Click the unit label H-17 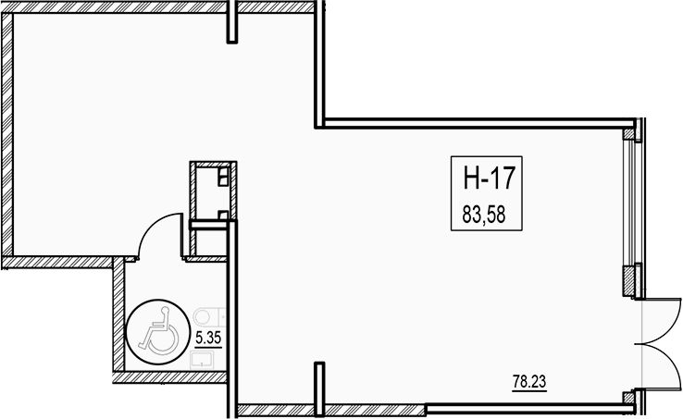coord(490,178)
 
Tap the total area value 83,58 coord(484,215)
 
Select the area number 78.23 coord(529,382)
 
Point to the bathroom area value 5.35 coord(208,338)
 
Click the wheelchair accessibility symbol coord(157,331)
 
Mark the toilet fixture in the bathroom coord(208,316)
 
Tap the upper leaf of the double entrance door coord(662,321)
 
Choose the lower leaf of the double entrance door coord(662,366)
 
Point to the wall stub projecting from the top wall coord(232,22)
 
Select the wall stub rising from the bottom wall coord(319,388)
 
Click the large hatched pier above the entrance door coord(630,281)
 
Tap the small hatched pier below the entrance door coord(628,398)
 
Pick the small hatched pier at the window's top coord(628,134)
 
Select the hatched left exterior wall coord(6,135)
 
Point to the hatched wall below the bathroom coord(170,377)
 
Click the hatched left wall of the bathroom coord(118,314)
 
